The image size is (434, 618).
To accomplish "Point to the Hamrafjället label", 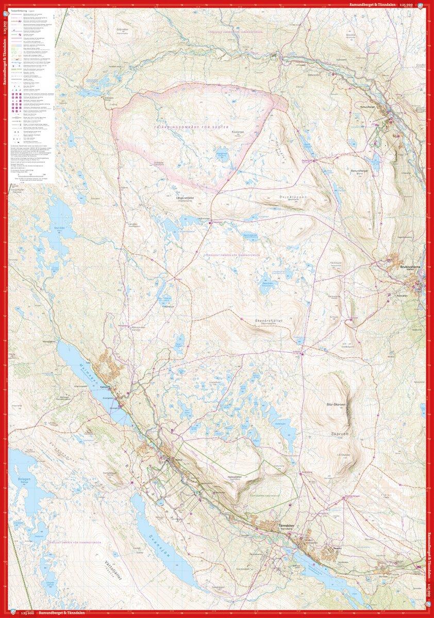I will tap(234, 477).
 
